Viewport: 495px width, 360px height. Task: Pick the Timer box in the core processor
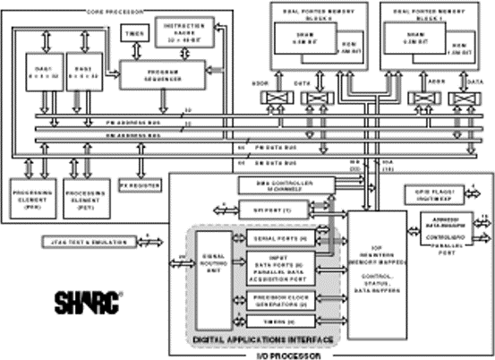pyautogui.click(x=133, y=32)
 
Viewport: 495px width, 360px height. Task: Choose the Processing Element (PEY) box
pyautogui.click(x=84, y=195)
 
